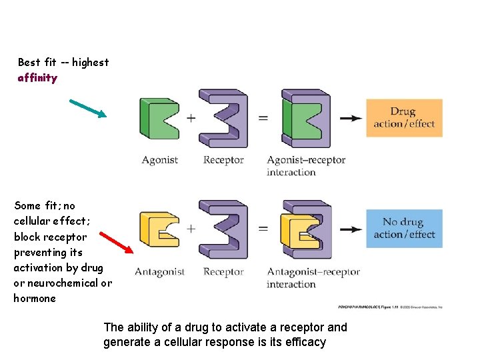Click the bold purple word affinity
coord(37,78)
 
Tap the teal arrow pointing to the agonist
coord(88,108)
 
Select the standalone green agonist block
coord(159,119)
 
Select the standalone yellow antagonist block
coord(158,230)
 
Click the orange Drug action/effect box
coord(404,118)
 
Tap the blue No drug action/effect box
coord(404,229)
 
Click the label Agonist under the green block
coord(159,160)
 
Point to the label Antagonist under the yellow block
coord(159,272)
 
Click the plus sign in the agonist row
coord(191,118)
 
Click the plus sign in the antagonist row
coord(191,229)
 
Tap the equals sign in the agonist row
coord(263,118)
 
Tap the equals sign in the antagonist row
coord(263,229)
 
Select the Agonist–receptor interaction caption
coord(305,166)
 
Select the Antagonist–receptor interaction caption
coord(313,277)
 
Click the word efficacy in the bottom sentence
coord(305,343)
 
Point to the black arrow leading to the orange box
coord(351,119)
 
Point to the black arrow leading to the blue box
coord(351,230)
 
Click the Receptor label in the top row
coord(223,160)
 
